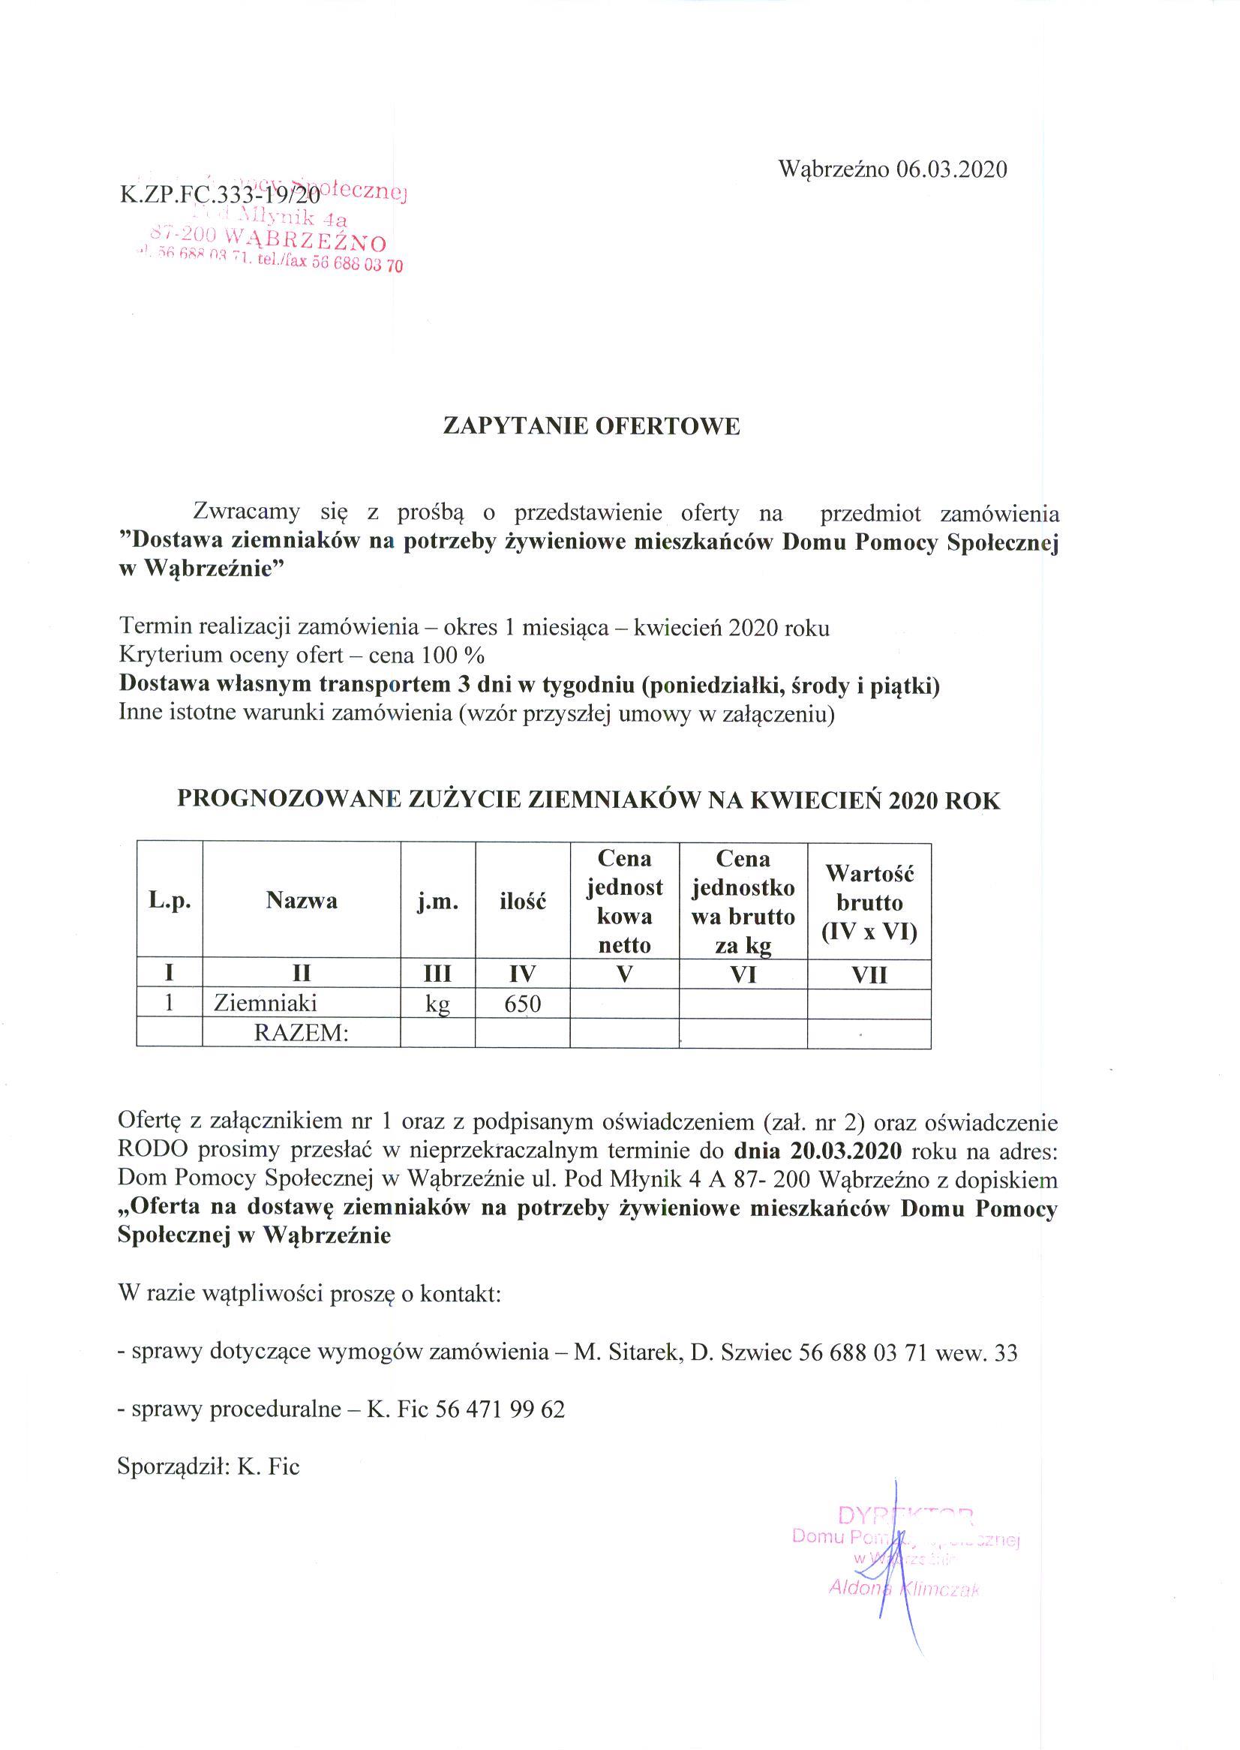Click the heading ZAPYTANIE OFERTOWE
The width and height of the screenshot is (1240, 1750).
click(x=592, y=426)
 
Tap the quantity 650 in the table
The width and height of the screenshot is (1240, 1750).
click(x=522, y=1004)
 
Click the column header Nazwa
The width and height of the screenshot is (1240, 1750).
click(x=301, y=901)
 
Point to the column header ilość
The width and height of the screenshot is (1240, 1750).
click(x=522, y=902)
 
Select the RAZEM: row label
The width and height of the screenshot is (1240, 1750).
click(x=301, y=1033)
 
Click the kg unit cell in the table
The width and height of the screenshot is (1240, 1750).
click(x=437, y=1004)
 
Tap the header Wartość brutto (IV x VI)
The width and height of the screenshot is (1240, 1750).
click(x=869, y=902)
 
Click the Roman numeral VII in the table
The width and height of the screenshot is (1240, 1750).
click(x=869, y=975)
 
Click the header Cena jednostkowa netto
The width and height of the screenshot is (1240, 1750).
click(x=624, y=902)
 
